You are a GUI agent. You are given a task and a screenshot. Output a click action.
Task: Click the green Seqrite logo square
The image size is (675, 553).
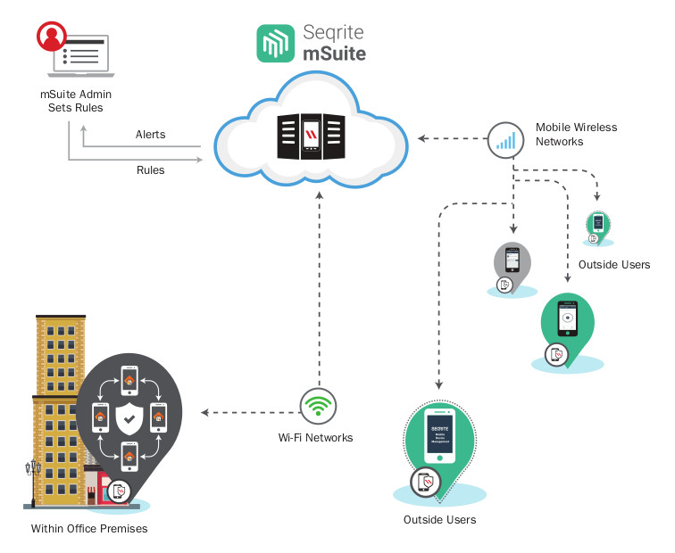point(276,43)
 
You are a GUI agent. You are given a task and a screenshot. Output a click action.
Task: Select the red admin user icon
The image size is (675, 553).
point(51,38)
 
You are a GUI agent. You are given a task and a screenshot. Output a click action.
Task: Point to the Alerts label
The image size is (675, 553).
point(150,135)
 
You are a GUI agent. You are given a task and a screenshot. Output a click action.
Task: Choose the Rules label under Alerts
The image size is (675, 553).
point(150,169)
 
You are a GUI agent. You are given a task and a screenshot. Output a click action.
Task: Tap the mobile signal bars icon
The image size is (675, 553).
point(505,138)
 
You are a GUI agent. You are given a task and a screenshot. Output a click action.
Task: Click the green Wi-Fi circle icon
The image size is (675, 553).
point(317,406)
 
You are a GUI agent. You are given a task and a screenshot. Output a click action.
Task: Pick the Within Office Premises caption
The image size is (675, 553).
point(89,529)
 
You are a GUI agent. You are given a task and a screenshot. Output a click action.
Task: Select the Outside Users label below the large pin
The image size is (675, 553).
point(439,520)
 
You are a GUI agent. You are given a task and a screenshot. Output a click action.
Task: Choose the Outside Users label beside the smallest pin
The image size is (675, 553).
point(613,265)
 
